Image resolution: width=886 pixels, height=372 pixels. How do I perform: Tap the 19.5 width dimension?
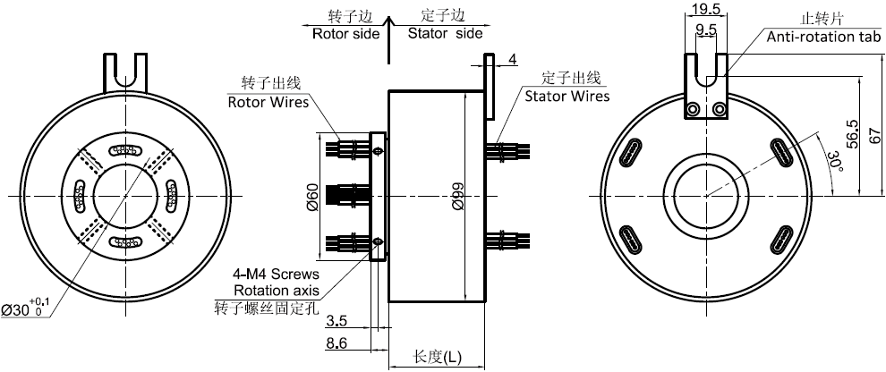coord(705,10)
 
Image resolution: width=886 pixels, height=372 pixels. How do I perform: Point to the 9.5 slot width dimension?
coord(705,30)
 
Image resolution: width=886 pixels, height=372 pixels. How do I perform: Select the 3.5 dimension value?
coord(337,321)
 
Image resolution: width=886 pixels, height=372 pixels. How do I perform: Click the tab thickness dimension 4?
coord(512,60)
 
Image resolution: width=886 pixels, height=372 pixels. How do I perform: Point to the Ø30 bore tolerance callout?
coord(26,309)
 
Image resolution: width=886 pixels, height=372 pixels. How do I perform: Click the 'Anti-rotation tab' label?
coord(823,37)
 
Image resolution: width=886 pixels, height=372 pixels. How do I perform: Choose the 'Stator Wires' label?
coord(567,96)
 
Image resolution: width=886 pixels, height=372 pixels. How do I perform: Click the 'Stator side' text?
coord(445,34)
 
